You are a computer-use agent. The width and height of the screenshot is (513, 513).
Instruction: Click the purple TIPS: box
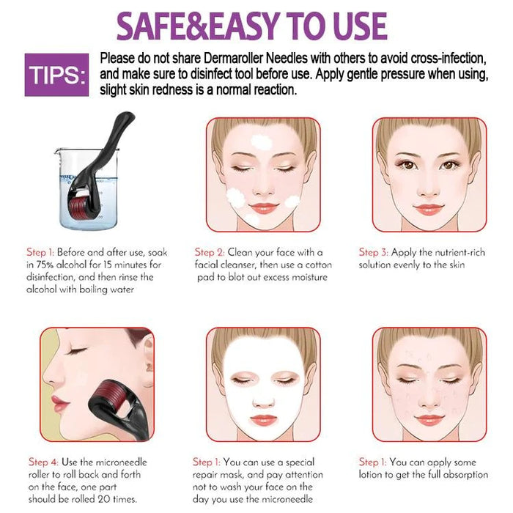pyautogui.click(x=56, y=75)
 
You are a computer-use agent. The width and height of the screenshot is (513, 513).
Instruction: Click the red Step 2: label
pyautogui.click(x=210, y=253)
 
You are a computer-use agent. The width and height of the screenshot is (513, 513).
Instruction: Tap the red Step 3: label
pyautogui.click(x=373, y=253)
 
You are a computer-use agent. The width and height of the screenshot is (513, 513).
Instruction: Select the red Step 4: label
pyautogui.click(x=43, y=462)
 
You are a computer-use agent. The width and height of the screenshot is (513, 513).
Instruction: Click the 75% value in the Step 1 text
pyautogui.click(x=45, y=265)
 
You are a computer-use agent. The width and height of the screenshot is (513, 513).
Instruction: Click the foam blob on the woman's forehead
pyautogui.click(x=262, y=142)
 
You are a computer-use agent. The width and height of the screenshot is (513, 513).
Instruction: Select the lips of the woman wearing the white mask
pyautogui.click(x=263, y=419)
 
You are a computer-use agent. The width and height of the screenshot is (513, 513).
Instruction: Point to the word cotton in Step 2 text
pyautogui.click(x=319, y=265)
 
